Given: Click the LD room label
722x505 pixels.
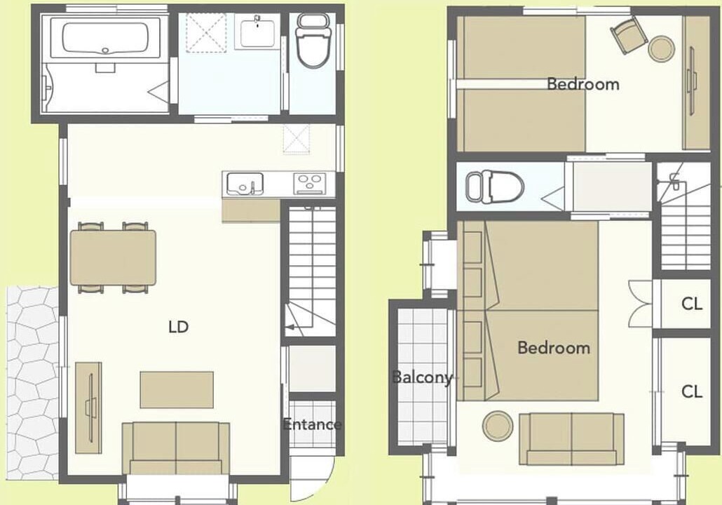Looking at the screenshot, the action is coord(178,327).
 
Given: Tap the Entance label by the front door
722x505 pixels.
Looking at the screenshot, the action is coord(312,424).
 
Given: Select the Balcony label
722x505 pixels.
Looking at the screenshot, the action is coord(422,377).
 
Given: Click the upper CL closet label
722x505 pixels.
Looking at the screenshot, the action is coord(692,304).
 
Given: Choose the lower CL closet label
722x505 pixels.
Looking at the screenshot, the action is coord(692,391).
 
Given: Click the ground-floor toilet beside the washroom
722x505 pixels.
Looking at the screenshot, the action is coord(313,41).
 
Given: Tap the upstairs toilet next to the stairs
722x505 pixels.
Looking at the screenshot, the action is coord(495,187).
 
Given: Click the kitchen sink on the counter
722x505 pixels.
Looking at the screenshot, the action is coord(245,184).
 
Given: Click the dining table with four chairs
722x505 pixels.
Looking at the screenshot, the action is coord(113,257).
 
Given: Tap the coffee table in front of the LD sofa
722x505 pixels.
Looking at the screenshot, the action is coord(177,390).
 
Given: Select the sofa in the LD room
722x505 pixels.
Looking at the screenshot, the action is coord(176,448).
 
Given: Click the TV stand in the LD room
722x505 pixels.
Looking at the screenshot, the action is coord(88,408).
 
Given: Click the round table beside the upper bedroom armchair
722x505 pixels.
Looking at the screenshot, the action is coord(662,48).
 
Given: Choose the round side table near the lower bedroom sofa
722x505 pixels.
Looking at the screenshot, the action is coord(498,425).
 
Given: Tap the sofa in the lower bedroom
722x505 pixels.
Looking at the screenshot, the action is coord(571,438).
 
